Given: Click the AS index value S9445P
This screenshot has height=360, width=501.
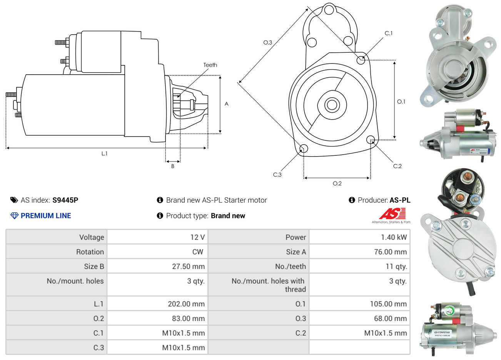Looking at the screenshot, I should (x=65, y=200).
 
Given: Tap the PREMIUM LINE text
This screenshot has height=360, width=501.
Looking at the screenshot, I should (x=46, y=216).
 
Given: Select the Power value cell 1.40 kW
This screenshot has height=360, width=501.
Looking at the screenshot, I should (x=394, y=237).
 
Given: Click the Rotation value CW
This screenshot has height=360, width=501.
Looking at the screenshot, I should (x=197, y=252).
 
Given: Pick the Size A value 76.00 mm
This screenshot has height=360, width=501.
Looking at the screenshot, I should (x=390, y=252).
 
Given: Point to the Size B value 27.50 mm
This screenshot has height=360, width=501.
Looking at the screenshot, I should (x=188, y=267).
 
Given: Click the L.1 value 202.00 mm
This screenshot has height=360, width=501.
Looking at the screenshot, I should (x=186, y=304).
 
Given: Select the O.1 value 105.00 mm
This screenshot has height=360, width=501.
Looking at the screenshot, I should (x=388, y=304).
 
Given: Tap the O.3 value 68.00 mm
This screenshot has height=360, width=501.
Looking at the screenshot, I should (x=390, y=318).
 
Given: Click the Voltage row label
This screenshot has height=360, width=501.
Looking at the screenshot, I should (x=92, y=237).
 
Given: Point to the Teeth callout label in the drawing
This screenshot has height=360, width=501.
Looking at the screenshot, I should (x=210, y=65).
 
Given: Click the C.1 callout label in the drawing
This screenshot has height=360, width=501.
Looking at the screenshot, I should (x=389, y=33).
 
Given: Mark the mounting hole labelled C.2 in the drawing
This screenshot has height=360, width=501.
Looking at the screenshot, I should (x=371, y=139).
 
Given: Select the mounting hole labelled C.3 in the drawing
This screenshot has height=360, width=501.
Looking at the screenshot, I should (x=304, y=148).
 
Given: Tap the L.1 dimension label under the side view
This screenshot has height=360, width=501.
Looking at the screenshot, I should (x=104, y=153).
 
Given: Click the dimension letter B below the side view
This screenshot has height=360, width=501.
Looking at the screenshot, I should (x=173, y=166).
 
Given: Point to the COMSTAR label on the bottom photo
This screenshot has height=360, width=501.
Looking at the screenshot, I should (x=442, y=332).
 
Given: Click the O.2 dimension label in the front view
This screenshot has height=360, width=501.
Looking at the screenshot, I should (x=337, y=183).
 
